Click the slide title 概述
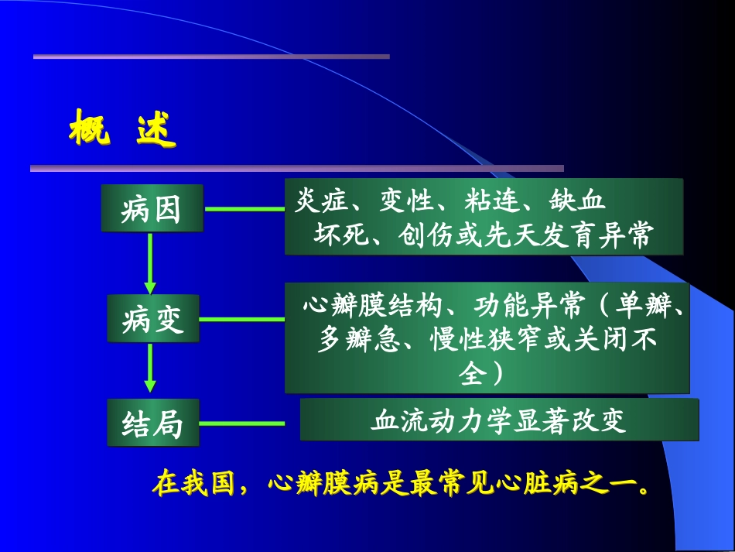coord(122,129)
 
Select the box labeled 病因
coord(152,208)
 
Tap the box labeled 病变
coord(152,318)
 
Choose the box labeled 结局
coord(152,423)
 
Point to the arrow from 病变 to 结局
coord(150,369)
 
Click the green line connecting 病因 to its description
coord(244,208)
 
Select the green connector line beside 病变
coord(241,318)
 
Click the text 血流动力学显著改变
coord(498,420)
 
